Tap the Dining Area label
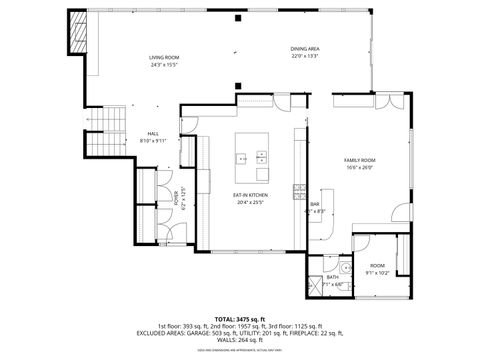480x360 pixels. (x=305, y=49)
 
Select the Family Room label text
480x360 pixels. (x=359, y=160)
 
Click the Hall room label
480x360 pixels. (x=153, y=133)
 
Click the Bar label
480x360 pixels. (x=314, y=204)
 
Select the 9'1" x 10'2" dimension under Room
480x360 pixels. (x=377, y=272)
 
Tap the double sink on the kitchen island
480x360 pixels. (x=262, y=155)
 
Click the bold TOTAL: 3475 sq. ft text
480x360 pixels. (x=239, y=318)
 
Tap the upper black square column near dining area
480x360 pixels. (x=237, y=18)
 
